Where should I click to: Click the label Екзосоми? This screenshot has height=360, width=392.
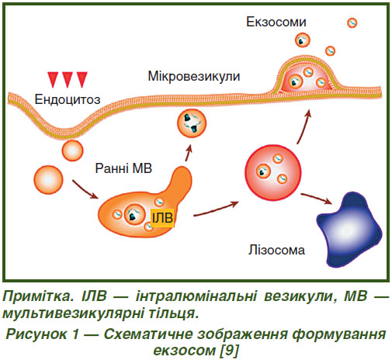[276, 22]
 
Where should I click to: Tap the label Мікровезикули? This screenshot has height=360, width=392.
[194, 76]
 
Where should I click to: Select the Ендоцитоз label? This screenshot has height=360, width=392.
[68, 99]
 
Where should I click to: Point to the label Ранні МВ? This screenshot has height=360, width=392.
[123, 168]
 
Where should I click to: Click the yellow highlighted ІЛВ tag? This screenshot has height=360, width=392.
[162, 218]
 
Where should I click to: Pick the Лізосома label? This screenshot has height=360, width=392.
[276, 250]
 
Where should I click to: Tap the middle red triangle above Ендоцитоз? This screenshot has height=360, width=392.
[68, 79]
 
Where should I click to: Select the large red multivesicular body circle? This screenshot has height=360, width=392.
[273, 172]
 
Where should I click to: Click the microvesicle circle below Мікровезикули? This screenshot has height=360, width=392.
[192, 123]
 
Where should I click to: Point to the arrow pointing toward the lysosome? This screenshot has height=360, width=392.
[317, 198]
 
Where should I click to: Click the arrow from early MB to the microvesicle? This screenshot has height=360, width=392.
[189, 152]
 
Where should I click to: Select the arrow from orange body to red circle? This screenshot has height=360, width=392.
[216, 209]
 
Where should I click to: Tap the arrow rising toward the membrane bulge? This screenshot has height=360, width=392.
[304, 126]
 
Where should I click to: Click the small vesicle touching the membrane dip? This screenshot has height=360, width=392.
[72, 151]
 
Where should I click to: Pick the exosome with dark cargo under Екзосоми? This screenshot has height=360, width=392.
[303, 40]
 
